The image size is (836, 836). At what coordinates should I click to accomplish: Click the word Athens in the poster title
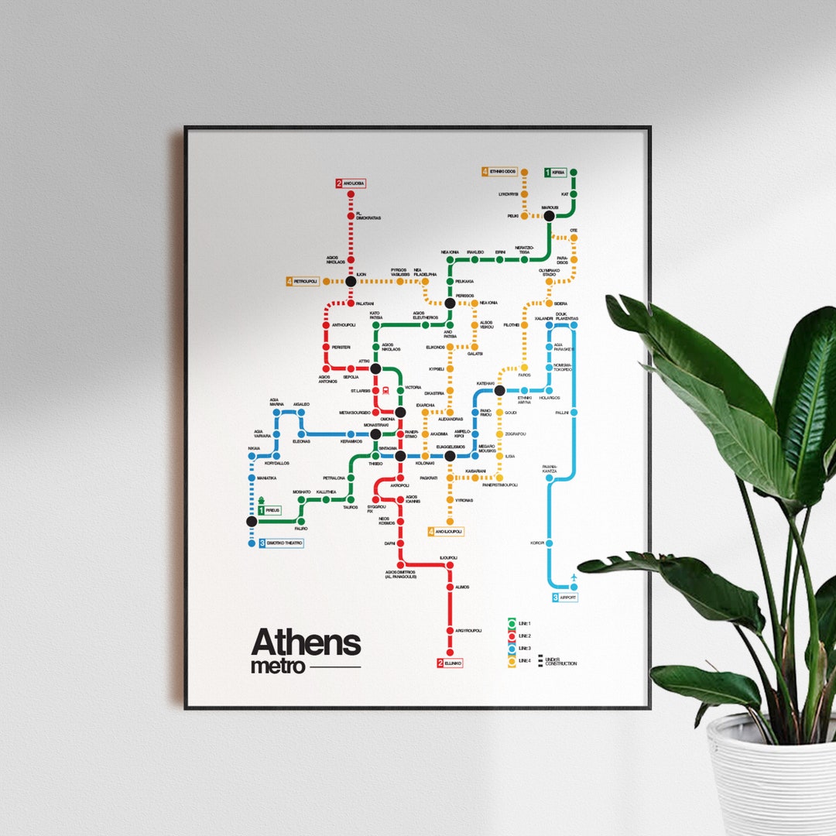pyautogui.click(x=306, y=642)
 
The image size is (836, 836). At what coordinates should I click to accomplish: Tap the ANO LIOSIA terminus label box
pyautogui.click(x=351, y=183)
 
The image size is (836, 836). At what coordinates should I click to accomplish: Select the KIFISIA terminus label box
pyautogui.click(x=556, y=173)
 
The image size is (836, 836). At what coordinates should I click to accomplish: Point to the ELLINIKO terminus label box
pyautogui.click(x=450, y=663)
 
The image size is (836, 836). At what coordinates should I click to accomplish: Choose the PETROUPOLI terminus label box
pyautogui.click(x=303, y=281)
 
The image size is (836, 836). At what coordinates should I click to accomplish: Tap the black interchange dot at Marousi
pyautogui.click(x=549, y=216)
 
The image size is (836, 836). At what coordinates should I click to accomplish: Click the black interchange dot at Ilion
pyautogui.click(x=351, y=281)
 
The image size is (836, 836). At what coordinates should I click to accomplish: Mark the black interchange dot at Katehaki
pyautogui.click(x=499, y=390)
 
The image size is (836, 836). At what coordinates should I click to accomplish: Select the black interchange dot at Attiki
pyautogui.click(x=375, y=368)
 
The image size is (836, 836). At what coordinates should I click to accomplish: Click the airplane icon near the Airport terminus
pyautogui.click(x=573, y=578)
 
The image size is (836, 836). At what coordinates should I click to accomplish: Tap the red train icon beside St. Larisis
pyautogui.click(x=375, y=390)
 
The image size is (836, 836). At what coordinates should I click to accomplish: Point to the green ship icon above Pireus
pyautogui.click(x=262, y=499)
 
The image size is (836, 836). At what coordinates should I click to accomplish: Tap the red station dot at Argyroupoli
pyautogui.click(x=450, y=630)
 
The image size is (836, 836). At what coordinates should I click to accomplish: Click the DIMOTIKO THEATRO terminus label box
pyautogui.click(x=280, y=543)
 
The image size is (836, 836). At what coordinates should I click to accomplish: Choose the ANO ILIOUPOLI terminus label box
pyautogui.click(x=446, y=532)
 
